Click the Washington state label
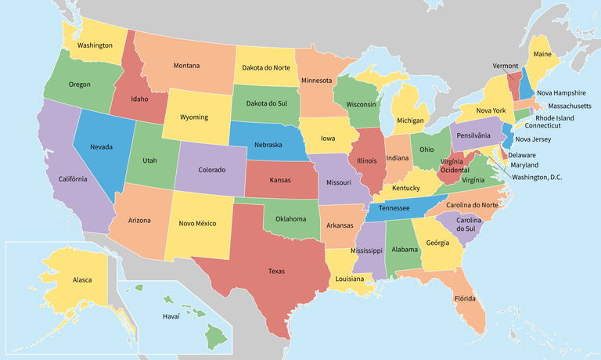coord(95,45)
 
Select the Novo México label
coord(197,224)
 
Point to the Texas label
coord(276,272)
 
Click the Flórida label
coord(466,299)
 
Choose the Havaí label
coord(171,316)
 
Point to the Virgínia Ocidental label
coord(455,164)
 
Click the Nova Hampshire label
coord(561,92)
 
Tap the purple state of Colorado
coord(211,169)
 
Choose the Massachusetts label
coord(570,105)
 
